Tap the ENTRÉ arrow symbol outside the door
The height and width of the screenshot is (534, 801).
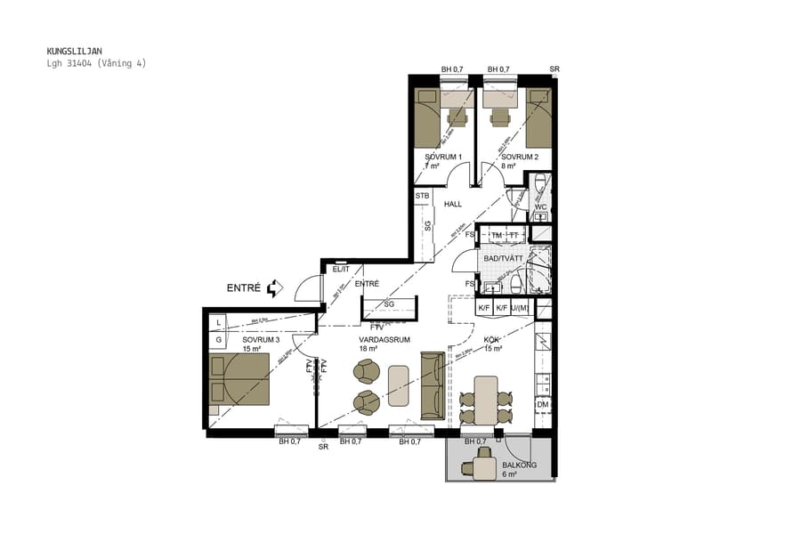[x=274, y=287]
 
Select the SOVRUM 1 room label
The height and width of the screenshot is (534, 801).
[x=443, y=157]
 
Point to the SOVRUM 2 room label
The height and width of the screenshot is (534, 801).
[x=519, y=157]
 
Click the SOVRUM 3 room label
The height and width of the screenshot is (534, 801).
[x=261, y=339]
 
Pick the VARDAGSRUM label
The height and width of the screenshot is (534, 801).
[x=384, y=339]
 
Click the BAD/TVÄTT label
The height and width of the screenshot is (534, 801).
[x=503, y=258]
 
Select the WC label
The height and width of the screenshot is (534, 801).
[x=540, y=207]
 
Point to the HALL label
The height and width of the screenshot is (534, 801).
[x=453, y=204]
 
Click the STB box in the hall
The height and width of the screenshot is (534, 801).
[x=422, y=196]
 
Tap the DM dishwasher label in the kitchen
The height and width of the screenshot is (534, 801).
[x=542, y=405]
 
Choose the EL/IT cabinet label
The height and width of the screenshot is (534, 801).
[x=341, y=268]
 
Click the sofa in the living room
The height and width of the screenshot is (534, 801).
[x=433, y=384]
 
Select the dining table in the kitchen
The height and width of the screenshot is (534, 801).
[x=486, y=400]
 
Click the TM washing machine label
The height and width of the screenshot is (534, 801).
[x=497, y=235]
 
